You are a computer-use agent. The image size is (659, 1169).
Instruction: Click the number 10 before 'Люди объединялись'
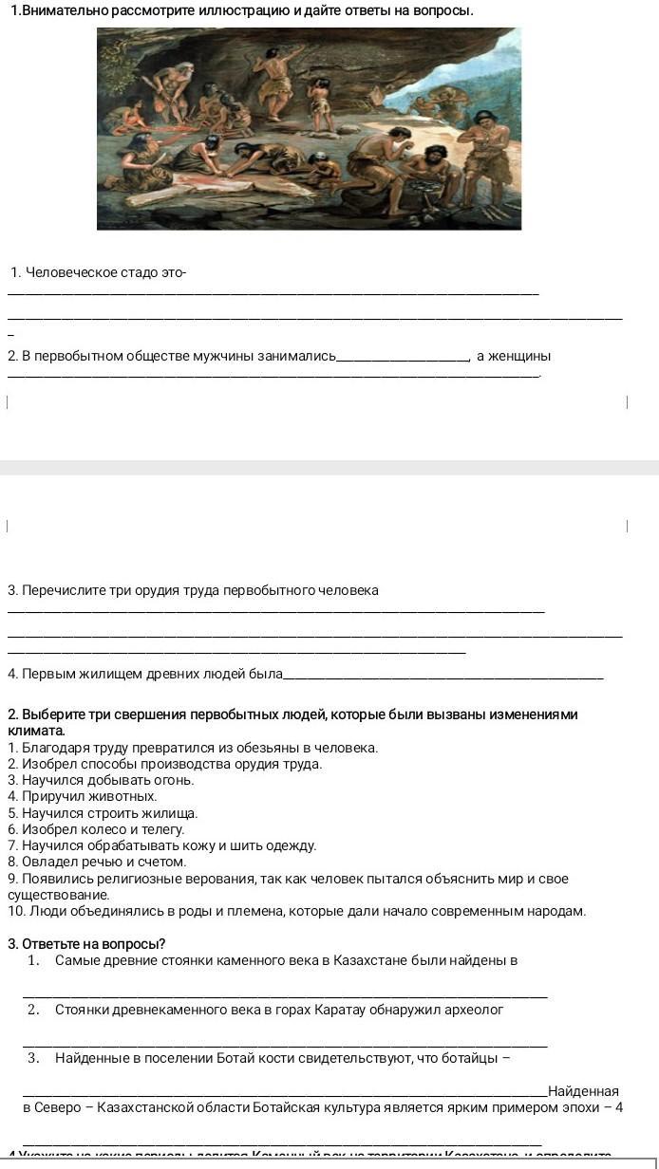click(15, 911)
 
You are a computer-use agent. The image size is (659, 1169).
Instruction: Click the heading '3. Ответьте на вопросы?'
click(86, 943)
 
